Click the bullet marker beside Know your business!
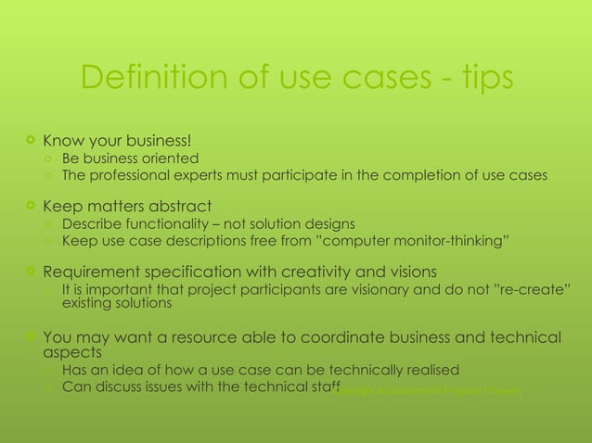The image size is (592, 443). click(x=32, y=141)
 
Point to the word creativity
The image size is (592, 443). click(x=302, y=272)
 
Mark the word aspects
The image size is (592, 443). click(x=72, y=353)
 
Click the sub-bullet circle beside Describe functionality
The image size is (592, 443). click(x=49, y=222)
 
